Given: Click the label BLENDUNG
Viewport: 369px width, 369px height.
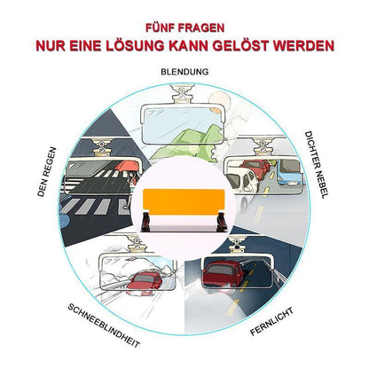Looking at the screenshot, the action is point(184,72).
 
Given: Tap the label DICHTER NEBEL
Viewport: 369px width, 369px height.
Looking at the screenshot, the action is point(316,165).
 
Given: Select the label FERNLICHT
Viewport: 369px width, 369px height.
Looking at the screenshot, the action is point(271,321).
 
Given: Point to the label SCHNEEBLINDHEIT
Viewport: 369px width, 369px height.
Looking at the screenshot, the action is point(104,326).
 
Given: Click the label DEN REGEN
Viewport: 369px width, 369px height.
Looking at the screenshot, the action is point(47,172).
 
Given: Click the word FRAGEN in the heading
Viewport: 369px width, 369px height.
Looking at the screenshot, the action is point(200,27).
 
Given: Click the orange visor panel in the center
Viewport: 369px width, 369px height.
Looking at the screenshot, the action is point(184,200).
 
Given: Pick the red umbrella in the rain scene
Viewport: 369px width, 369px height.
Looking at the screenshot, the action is point(126,166).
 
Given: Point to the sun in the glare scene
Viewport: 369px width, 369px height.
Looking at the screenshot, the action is point(217,100).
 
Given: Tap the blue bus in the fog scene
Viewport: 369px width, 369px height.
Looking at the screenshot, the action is point(288,172).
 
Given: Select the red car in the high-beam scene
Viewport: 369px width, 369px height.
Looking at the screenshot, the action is point(224,275).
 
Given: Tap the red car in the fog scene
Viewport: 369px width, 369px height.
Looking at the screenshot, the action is point(255,169).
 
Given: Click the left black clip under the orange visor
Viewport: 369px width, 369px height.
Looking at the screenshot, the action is point(147,220).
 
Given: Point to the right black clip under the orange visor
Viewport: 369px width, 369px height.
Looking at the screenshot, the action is point(222,221).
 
